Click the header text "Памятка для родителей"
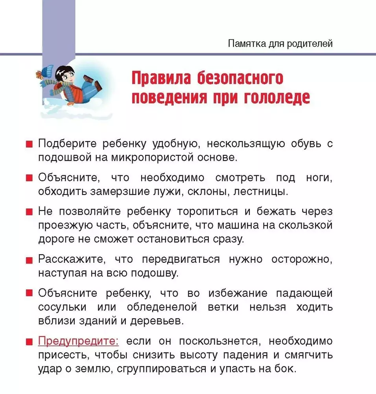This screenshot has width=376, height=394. click(280, 44)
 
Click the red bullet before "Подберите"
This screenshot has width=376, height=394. click(29, 144)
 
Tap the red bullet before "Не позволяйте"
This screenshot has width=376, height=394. click(29, 212)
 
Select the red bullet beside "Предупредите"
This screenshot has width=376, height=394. click(29, 342)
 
